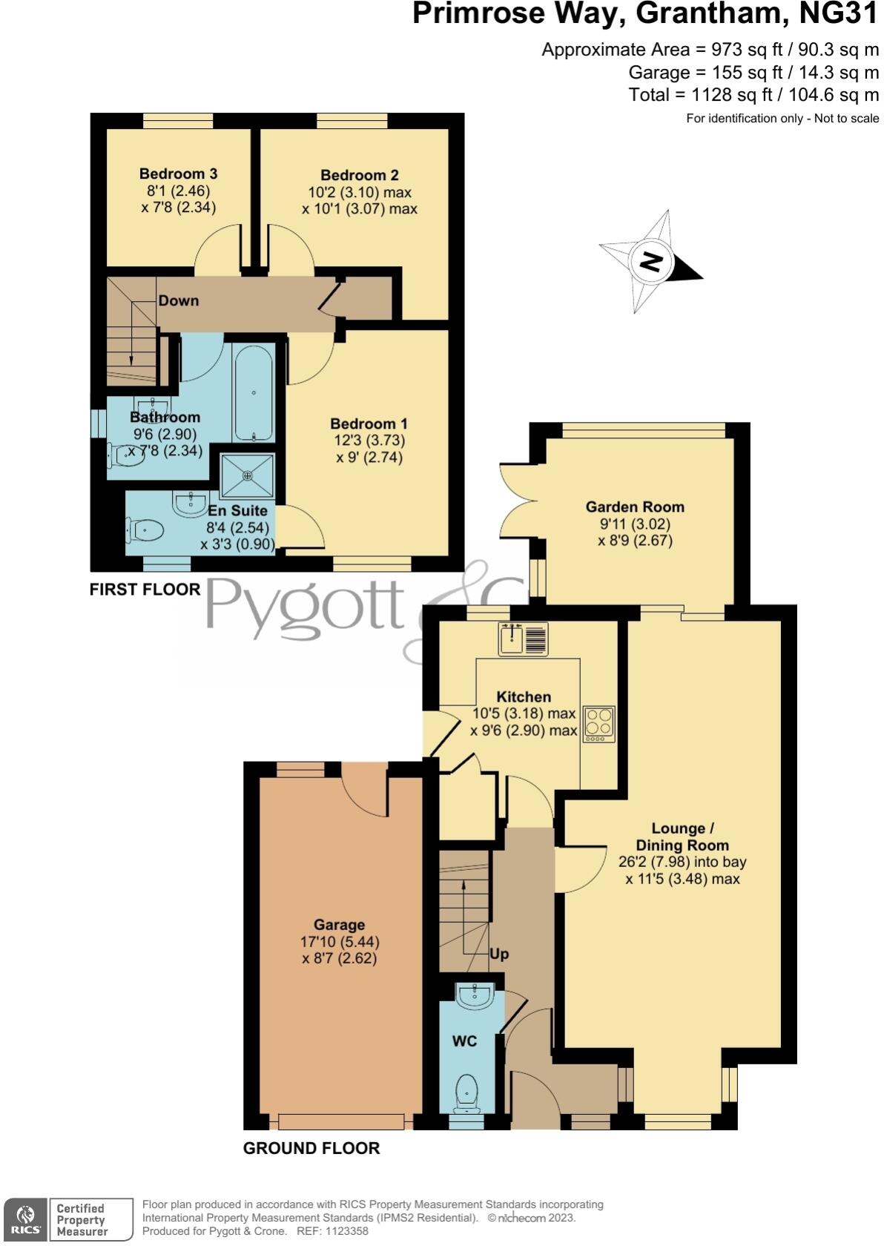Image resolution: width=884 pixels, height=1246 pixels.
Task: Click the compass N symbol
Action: pyautogui.click(x=651, y=262)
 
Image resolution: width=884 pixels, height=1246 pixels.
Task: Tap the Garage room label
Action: pyautogui.click(x=339, y=925)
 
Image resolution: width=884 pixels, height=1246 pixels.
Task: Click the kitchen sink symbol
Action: pyautogui.click(x=524, y=639)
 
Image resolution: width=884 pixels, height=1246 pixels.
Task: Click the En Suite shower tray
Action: pyautogui.click(x=248, y=475)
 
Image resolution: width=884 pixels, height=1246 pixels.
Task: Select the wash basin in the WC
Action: pyautogui.click(x=474, y=996)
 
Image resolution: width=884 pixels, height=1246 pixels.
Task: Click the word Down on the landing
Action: pyautogui.click(x=179, y=300)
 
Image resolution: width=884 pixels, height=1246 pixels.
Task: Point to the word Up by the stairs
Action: pyautogui.click(x=499, y=954)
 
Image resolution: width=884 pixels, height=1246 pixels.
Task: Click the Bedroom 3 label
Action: pyautogui.click(x=178, y=174)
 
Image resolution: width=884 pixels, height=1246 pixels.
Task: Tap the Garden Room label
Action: pyautogui.click(x=635, y=507)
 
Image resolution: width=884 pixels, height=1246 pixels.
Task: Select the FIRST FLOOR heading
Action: pyautogui.click(x=145, y=590)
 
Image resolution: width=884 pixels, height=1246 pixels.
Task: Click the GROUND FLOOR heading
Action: pyautogui.click(x=311, y=1148)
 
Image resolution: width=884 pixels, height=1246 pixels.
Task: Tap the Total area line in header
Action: pyautogui.click(x=753, y=95)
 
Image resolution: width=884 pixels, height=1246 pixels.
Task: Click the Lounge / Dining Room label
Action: pyautogui.click(x=682, y=837)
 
